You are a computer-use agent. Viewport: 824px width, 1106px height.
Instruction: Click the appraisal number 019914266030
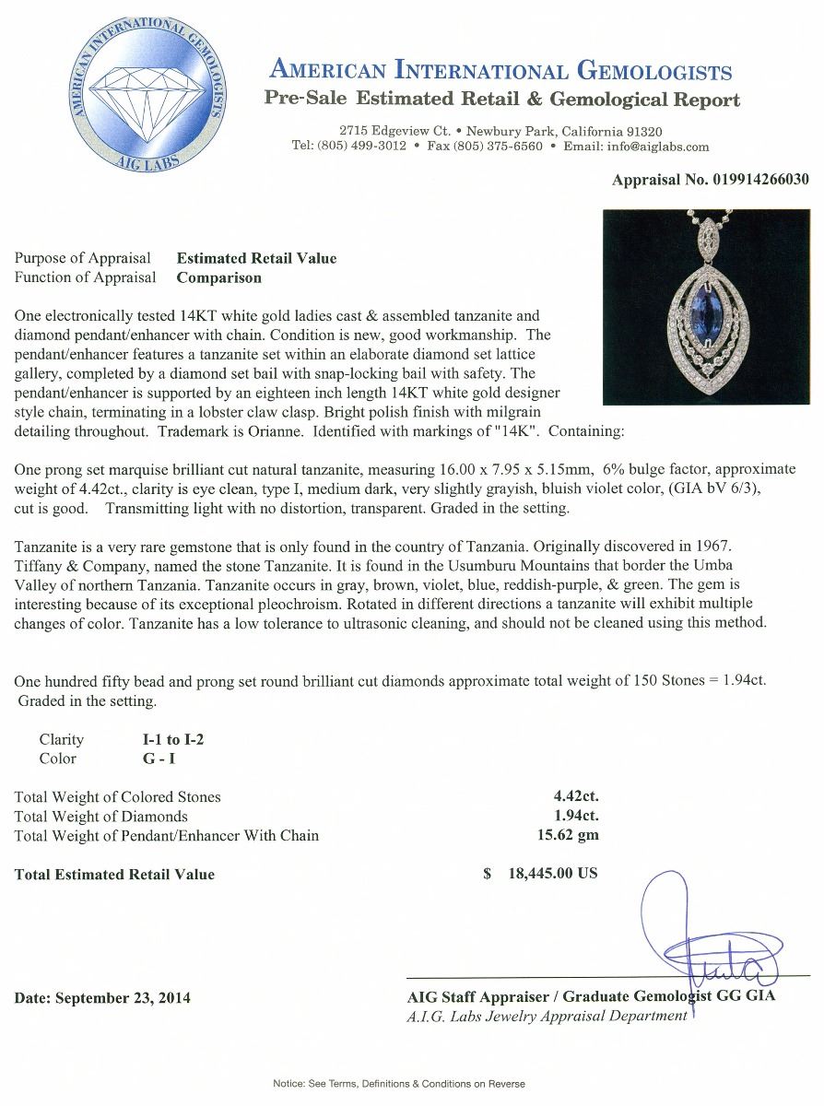pos(760,180)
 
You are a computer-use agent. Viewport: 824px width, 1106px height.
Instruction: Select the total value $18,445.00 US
pos(541,874)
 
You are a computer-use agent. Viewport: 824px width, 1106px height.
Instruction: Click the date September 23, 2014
pos(103,997)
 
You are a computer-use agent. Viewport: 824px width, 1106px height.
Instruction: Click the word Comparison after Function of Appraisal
pos(219,277)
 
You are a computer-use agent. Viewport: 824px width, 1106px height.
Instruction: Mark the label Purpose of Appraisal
pos(86,258)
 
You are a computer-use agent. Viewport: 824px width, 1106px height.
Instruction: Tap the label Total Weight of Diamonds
pos(101,817)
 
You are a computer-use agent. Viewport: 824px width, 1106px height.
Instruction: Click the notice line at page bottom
pos(399,1084)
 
